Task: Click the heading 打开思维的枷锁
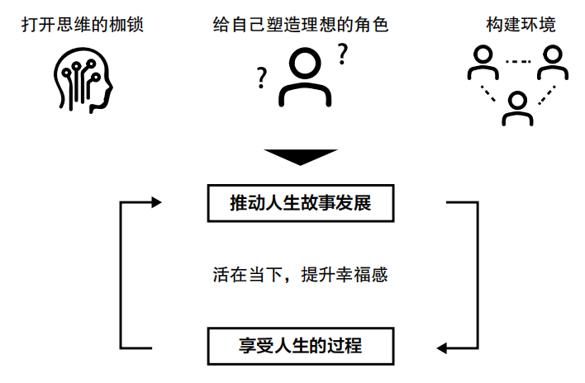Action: click(x=83, y=25)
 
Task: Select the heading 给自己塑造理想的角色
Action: click(x=300, y=25)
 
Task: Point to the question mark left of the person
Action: click(x=263, y=78)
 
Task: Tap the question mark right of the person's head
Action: click(x=341, y=55)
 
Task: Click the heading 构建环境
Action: click(x=521, y=25)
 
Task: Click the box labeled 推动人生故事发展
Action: click(x=300, y=203)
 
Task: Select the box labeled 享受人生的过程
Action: click(x=300, y=344)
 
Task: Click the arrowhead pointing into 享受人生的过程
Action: click(x=444, y=347)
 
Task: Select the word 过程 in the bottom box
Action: click(x=345, y=344)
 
